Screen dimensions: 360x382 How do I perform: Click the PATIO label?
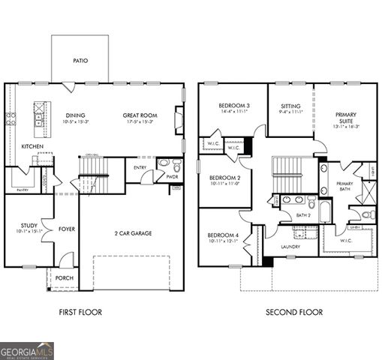(80, 61)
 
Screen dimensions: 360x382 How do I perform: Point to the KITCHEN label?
(32, 146)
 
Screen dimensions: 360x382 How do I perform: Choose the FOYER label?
(67, 230)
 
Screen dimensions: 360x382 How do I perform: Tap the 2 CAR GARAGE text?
(133, 233)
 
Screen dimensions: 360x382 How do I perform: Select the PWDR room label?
(172, 177)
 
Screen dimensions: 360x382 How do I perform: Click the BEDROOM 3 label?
(234, 106)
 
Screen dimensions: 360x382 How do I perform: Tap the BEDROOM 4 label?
(223, 236)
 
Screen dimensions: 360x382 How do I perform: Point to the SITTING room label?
(290, 106)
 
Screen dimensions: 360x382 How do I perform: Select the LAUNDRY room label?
(290, 247)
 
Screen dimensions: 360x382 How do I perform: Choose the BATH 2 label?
(302, 215)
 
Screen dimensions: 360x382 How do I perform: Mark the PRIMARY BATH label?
(344, 186)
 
